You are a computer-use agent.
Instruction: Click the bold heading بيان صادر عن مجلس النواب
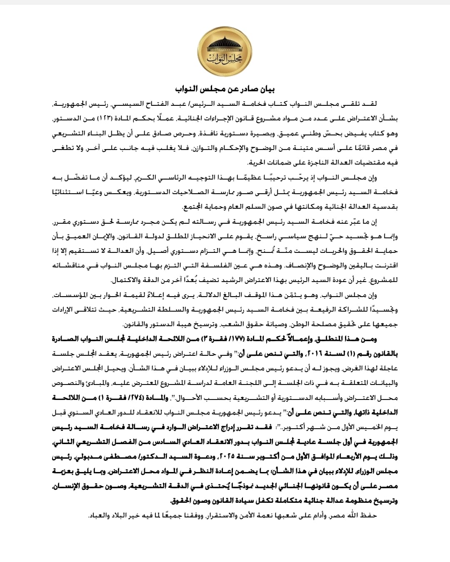tap(225, 90)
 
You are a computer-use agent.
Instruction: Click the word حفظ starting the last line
tap(368, 515)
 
